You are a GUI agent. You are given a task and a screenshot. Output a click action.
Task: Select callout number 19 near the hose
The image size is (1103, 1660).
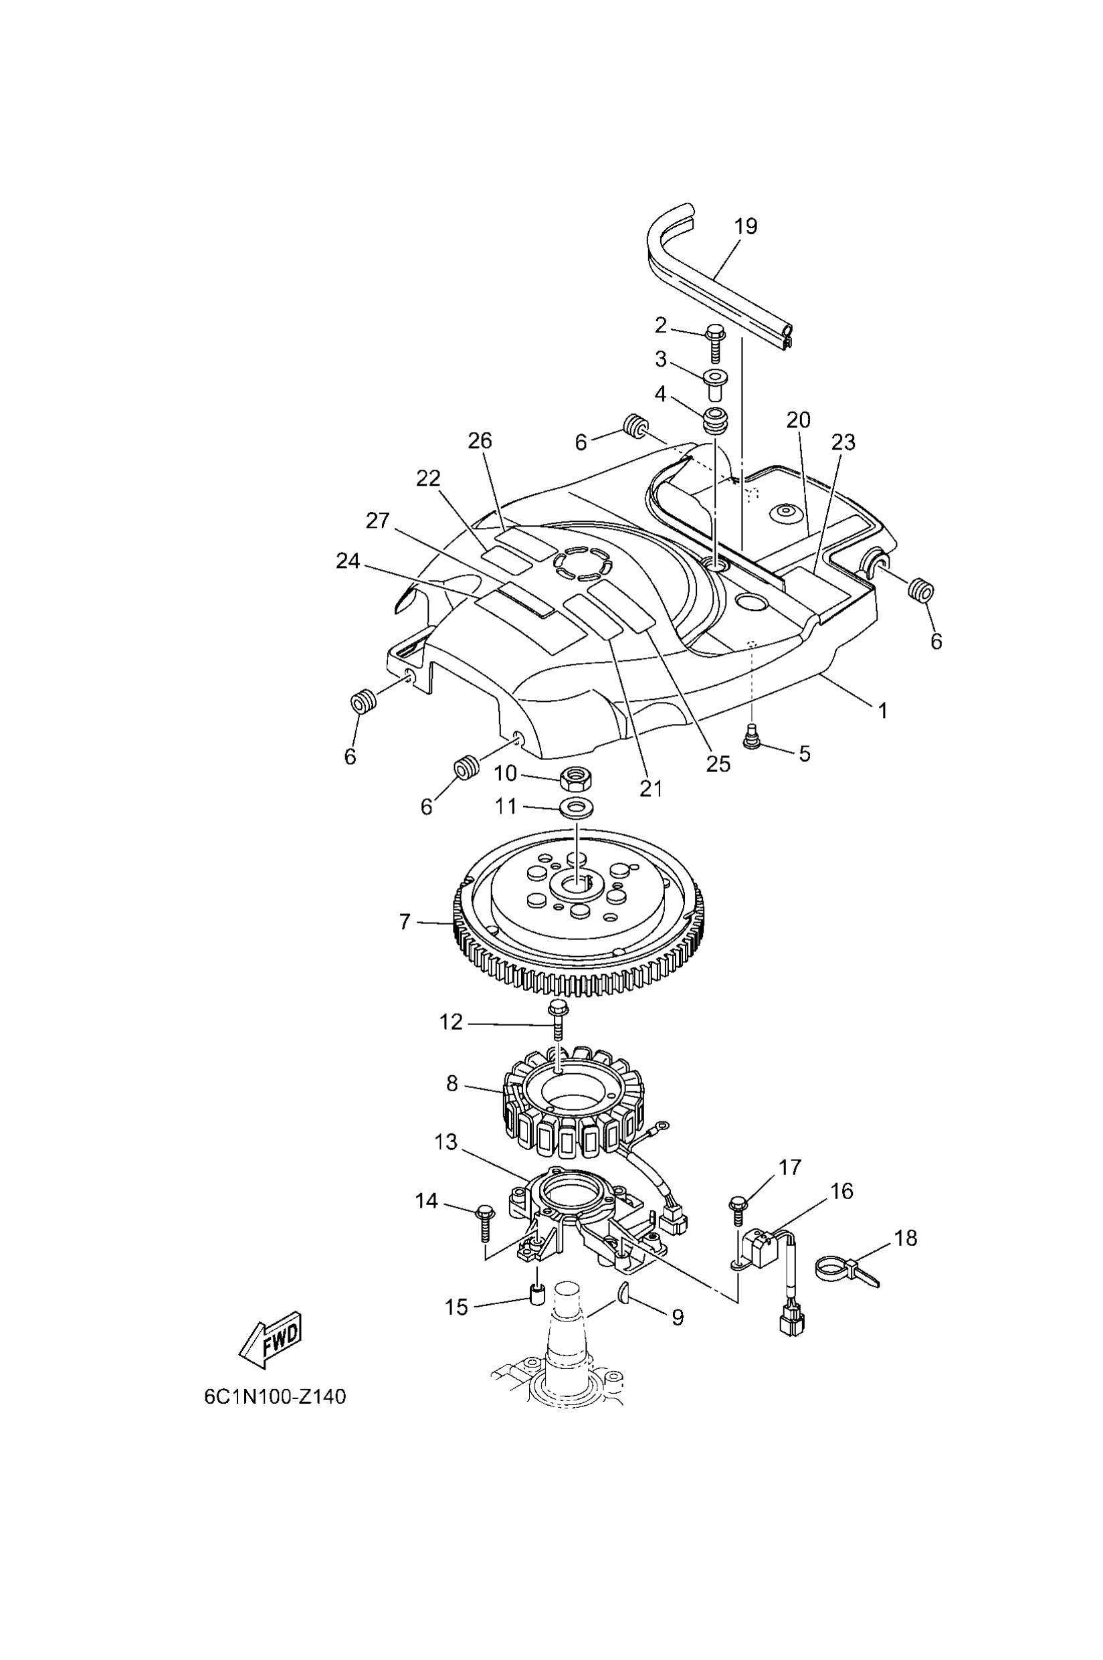pyautogui.click(x=746, y=227)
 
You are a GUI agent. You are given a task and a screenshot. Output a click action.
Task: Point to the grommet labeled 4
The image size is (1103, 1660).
pyautogui.click(x=716, y=420)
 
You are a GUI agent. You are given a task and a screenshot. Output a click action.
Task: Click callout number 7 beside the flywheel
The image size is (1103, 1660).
pyautogui.click(x=405, y=922)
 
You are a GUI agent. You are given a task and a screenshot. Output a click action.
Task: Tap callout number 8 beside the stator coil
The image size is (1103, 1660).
pyautogui.click(x=452, y=1084)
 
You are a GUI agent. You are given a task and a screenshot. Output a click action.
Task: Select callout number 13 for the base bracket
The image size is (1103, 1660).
pyautogui.click(x=446, y=1141)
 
